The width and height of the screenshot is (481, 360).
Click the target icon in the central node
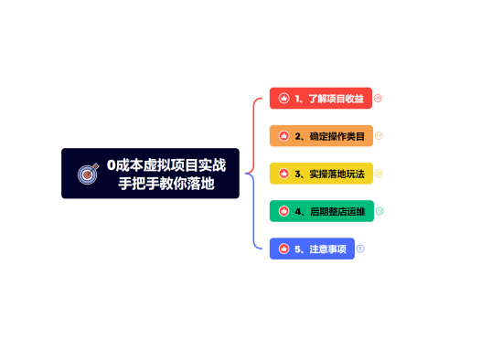(x=88, y=174)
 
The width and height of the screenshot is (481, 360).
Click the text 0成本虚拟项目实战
(x=166, y=165)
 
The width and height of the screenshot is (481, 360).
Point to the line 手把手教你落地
(x=166, y=183)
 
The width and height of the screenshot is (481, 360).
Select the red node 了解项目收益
(x=320, y=98)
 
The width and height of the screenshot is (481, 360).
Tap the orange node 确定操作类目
(x=321, y=135)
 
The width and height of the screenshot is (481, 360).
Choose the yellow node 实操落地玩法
(x=321, y=174)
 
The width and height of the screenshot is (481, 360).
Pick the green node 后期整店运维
(x=321, y=211)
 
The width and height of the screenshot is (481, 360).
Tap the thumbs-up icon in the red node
(x=284, y=98)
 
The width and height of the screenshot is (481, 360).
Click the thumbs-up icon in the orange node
(x=284, y=135)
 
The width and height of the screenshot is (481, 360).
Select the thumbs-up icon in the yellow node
(x=284, y=174)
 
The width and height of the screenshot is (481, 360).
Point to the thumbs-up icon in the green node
(x=284, y=211)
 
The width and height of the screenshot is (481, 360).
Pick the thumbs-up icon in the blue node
(x=284, y=249)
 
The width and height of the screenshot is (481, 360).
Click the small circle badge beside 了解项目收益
(x=378, y=98)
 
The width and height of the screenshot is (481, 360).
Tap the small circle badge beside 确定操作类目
(x=379, y=135)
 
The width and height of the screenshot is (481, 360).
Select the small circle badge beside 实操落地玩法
(x=379, y=174)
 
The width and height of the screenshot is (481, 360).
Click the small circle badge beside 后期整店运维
(x=379, y=211)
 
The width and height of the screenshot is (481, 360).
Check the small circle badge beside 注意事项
(x=360, y=249)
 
